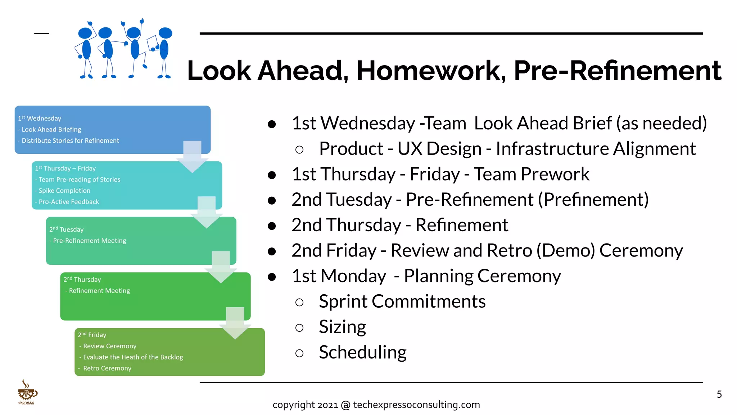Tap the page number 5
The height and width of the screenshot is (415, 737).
[x=719, y=394]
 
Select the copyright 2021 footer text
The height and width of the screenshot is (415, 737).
[x=376, y=405]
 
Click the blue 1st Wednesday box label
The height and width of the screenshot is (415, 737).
[x=40, y=119]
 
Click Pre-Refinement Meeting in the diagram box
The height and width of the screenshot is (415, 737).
[x=90, y=241]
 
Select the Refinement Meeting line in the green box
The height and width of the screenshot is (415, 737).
[x=99, y=291]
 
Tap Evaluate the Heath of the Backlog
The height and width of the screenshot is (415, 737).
[x=133, y=357]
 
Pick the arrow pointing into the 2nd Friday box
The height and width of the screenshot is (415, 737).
[x=235, y=323]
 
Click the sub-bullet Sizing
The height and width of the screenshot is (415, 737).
[x=342, y=327]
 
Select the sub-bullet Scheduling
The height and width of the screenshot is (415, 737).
[x=362, y=352]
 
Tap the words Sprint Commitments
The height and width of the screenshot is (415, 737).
[x=402, y=302]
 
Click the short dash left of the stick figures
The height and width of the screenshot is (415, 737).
[x=41, y=34]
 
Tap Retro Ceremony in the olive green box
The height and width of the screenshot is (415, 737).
[x=107, y=369]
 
